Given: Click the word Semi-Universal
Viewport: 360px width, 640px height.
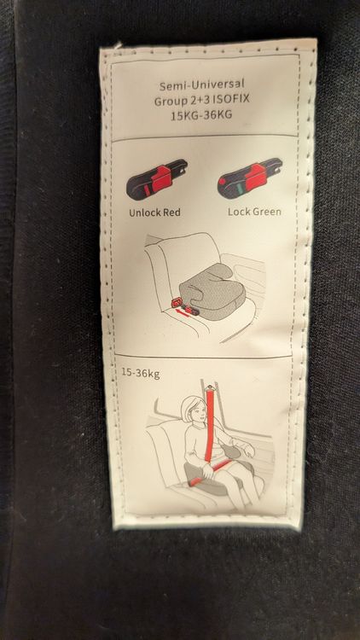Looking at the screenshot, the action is (x=201, y=85).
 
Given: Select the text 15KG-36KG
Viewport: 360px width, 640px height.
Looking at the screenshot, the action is (x=201, y=115).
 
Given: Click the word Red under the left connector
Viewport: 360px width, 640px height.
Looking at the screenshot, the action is (x=171, y=212).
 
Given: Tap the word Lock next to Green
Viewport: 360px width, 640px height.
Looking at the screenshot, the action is (x=237, y=212).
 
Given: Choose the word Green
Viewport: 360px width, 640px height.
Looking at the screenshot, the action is (x=265, y=212).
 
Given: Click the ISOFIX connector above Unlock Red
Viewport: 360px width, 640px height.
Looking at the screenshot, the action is (x=156, y=179).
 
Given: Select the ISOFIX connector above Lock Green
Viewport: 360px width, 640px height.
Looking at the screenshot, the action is (x=250, y=178).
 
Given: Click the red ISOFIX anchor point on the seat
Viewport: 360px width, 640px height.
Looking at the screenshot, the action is (x=176, y=302).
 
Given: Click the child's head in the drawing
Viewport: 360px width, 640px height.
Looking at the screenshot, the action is (x=194, y=410).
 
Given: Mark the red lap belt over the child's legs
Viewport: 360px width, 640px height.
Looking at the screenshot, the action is (x=212, y=471).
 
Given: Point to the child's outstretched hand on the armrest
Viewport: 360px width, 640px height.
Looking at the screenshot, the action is (x=248, y=449).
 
